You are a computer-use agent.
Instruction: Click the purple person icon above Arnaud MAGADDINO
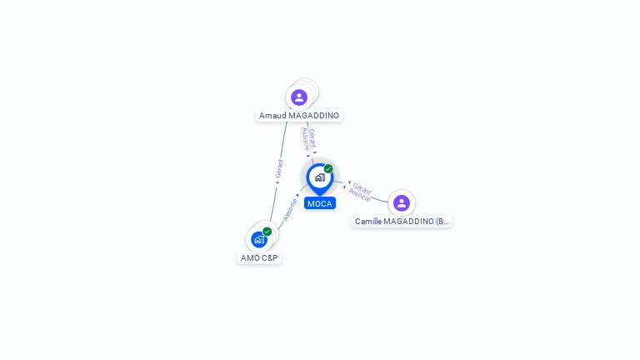coord(299,97)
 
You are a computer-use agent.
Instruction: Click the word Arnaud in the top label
coord(272,116)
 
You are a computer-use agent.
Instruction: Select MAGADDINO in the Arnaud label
coord(313,116)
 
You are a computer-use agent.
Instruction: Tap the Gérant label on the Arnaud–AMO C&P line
coord(279,168)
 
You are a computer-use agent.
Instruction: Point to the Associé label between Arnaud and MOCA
coord(305,140)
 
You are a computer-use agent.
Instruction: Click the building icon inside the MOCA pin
coord(319,177)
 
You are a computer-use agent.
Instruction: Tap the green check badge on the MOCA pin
coord(328,169)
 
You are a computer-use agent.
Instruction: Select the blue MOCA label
coord(319,203)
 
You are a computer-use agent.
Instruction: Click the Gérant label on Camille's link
coord(362,187)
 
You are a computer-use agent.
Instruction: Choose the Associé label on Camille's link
coord(359,195)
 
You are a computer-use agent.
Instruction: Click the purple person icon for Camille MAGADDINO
coord(402,203)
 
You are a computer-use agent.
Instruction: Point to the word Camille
coord(369,222)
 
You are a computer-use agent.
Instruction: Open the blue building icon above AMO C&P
coord(259,240)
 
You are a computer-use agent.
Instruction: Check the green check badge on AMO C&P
coord(267,232)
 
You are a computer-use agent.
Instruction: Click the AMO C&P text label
coord(259,258)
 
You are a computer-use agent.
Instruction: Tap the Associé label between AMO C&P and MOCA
coord(290,209)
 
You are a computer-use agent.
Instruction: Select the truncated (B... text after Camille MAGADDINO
coord(442,222)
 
